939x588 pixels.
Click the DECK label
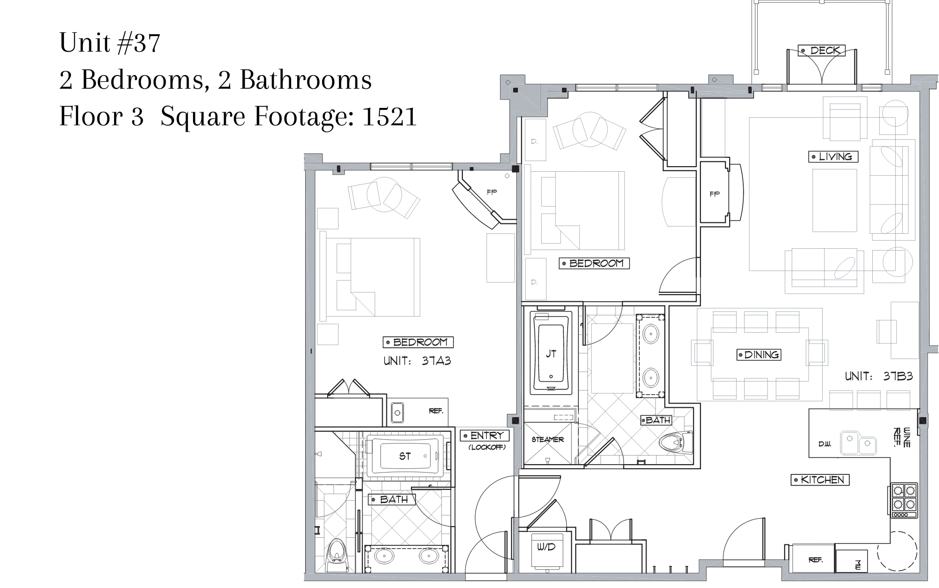click(x=822, y=50)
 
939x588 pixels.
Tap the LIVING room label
click(x=833, y=157)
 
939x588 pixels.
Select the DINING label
click(x=759, y=355)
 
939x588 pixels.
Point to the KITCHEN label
click(x=820, y=480)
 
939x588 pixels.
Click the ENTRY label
click(x=485, y=435)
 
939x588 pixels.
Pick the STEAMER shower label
click(x=547, y=440)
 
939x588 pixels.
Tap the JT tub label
click(x=551, y=354)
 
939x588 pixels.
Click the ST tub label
click(x=405, y=456)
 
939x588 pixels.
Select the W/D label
click(x=546, y=547)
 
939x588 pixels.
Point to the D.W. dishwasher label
click(x=825, y=444)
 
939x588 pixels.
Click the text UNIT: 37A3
click(x=417, y=361)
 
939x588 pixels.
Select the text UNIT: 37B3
click(x=878, y=376)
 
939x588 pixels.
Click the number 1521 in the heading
click(x=390, y=116)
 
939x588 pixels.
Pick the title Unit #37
click(x=110, y=43)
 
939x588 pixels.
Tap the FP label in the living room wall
click(x=715, y=194)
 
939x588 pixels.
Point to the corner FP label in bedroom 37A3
click(x=492, y=192)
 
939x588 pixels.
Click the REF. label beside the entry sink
click(x=436, y=411)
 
